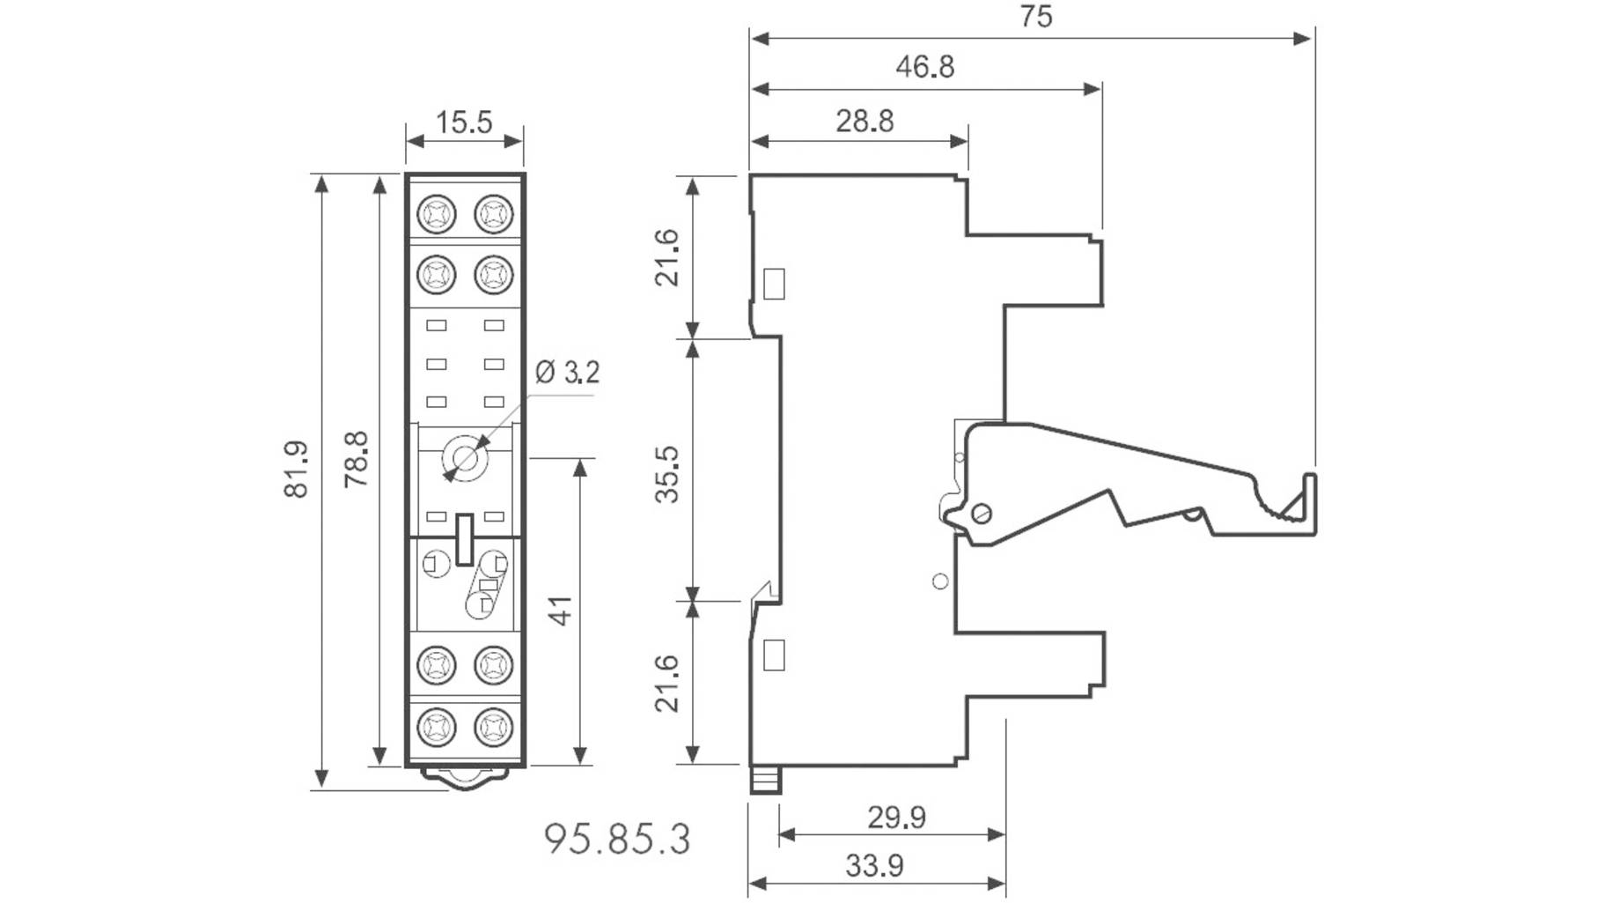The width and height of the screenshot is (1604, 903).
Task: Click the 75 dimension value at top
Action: tap(1036, 17)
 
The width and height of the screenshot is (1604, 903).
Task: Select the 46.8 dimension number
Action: tap(924, 67)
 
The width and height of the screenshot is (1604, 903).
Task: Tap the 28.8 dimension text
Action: tap(864, 121)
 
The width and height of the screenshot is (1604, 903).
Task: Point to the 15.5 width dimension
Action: tap(464, 122)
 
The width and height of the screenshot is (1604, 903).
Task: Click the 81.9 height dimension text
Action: tap(297, 470)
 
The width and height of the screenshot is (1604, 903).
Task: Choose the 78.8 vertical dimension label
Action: tap(356, 459)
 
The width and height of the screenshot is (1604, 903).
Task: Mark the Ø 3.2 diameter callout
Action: tap(568, 372)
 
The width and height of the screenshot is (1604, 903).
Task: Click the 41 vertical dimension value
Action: tap(560, 611)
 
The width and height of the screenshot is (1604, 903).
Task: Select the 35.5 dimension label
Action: tap(667, 474)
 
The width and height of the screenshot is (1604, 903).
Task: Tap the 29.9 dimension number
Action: tap(896, 818)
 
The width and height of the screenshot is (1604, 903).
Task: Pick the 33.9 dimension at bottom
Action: tap(874, 866)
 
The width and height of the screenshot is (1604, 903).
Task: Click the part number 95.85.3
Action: tap(617, 839)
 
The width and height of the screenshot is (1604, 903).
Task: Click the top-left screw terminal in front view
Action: tap(437, 214)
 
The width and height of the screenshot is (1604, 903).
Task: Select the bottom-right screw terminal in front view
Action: tap(493, 727)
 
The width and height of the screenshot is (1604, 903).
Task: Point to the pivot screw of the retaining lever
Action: tap(981, 513)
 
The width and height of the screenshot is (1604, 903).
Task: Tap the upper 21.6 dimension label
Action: tap(667, 257)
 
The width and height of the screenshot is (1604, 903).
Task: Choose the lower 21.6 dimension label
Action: tap(667, 683)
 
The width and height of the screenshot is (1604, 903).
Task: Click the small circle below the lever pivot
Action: tap(940, 581)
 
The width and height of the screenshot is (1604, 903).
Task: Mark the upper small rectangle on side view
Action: tap(774, 284)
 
